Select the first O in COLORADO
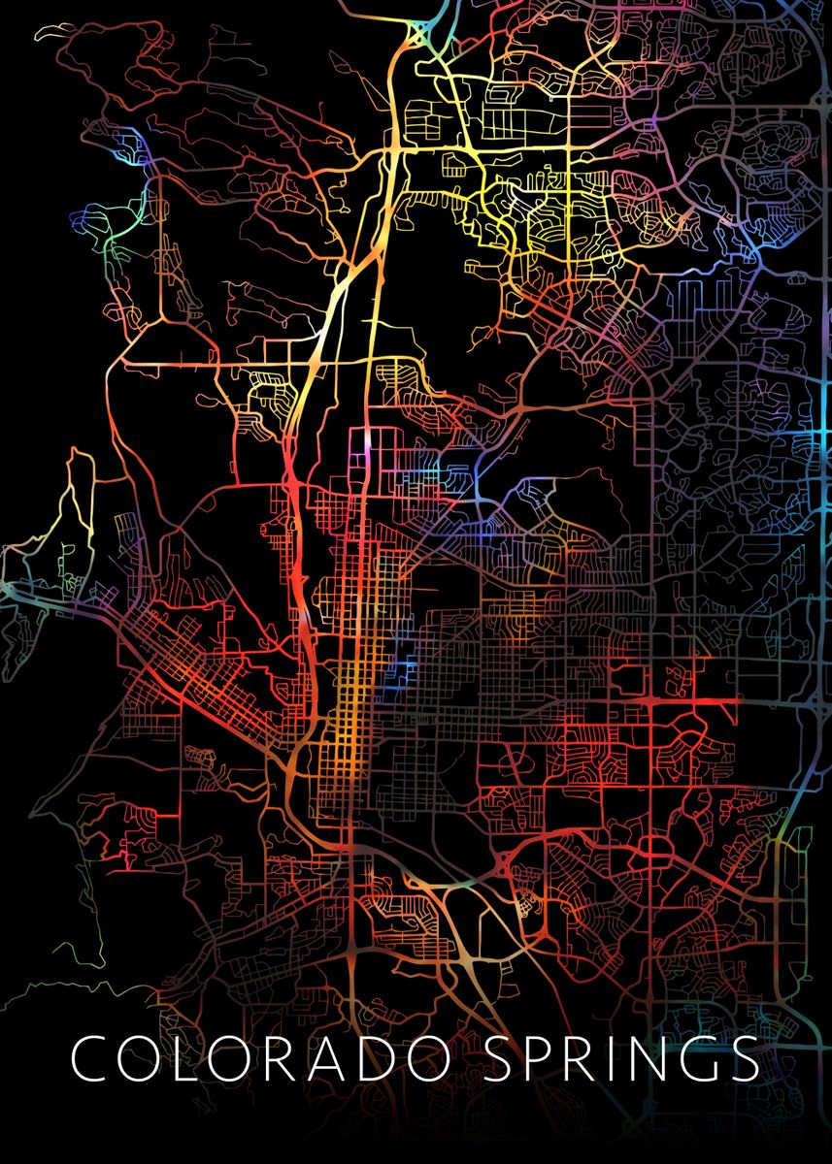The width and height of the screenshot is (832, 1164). pos(143,1059)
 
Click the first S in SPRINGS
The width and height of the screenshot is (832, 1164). pos(499,1059)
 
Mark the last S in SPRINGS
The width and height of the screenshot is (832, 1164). pos(746,1059)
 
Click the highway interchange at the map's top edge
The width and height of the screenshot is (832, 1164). pos(419,35)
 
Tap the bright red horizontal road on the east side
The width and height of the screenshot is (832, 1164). pos(680,699)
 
